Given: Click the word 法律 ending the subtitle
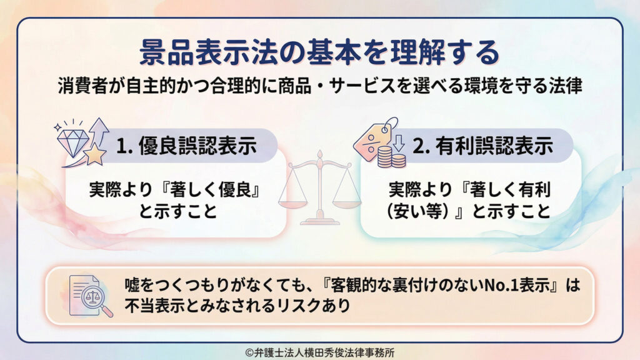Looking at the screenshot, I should pyautogui.click(x=566, y=86).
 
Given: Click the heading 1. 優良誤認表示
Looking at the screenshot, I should pyautogui.click(x=186, y=146).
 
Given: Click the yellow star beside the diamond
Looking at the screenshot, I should pyautogui.click(x=95, y=154).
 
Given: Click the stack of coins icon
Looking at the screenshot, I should pyautogui.click(x=391, y=157).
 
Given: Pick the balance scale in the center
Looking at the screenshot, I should pyautogui.click(x=319, y=187).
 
